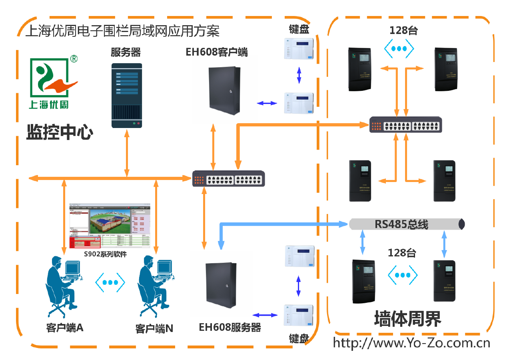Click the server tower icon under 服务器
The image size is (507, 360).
click(127, 95)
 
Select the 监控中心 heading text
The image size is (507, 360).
click(60, 132)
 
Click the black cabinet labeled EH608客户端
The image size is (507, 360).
click(225, 89)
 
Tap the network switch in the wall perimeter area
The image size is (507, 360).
click(405, 125)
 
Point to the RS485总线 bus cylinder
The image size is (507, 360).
click(406, 224)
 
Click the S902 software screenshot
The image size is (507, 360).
click(110, 226)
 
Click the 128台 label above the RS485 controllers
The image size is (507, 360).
click(402, 253)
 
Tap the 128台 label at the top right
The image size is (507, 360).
click(403, 30)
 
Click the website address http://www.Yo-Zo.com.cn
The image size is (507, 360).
click(411, 343)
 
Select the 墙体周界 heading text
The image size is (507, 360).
click(408, 319)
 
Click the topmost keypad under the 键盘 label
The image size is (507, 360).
click(299, 48)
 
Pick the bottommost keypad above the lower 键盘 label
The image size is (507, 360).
click(299, 315)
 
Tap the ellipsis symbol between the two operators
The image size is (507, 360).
click(110, 282)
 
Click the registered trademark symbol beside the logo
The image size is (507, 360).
click(74, 59)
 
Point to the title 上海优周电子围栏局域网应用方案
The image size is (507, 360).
click(122, 31)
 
